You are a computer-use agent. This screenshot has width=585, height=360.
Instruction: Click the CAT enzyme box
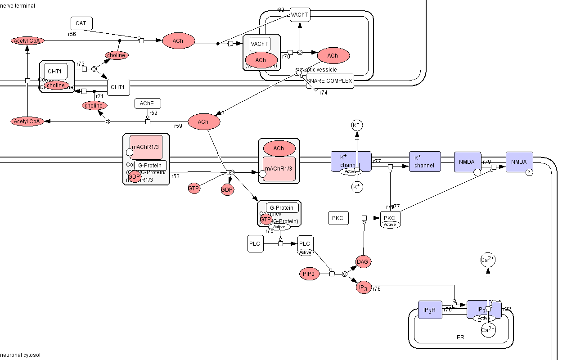pyautogui.click(x=81, y=23)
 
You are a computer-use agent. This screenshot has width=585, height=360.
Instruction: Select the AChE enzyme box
pyautogui.click(x=148, y=103)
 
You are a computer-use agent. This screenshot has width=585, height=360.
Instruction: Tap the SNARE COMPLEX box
pyautogui.click(x=330, y=81)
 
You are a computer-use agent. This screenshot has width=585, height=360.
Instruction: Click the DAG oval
pyautogui.click(x=364, y=261)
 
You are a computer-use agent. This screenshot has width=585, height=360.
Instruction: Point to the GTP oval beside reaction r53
pyautogui.click(x=194, y=189)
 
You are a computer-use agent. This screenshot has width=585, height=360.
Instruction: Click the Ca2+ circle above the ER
pyautogui.click(x=488, y=260)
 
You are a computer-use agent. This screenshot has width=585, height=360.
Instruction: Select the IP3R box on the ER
pyautogui.click(x=430, y=310)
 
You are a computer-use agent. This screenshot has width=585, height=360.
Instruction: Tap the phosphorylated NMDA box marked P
pyautogui.click(x=519, y=162)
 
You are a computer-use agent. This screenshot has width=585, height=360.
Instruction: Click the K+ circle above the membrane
pyautogui.click(x=357, y=125)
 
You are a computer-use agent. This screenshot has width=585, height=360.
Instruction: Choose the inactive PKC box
pyautogui.click(x=338, y=218)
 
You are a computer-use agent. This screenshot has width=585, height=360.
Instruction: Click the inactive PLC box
pyautogui.click(x=255, y=244)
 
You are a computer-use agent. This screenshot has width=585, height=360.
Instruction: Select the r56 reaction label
pyautogui.click(x=72, y=34)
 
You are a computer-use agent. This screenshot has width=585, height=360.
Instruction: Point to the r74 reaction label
pyautogui.click(x=324, y=93)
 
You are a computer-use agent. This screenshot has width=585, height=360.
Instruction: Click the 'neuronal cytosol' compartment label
pyautogui.click(x=20, y=355)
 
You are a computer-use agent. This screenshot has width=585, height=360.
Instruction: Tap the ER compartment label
pyautogui.click(x=460, y=337)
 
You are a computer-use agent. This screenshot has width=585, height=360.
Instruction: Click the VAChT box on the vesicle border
pyautogui.click(x=300, y=14)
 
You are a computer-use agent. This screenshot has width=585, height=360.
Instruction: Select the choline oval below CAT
pyautogui.click(x=117, y=55)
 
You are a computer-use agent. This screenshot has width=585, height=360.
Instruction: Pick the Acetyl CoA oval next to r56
pyautogui.click(x=28, y=41)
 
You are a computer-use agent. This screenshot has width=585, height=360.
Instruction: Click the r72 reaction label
pyautogui.click(x=81, y=64)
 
